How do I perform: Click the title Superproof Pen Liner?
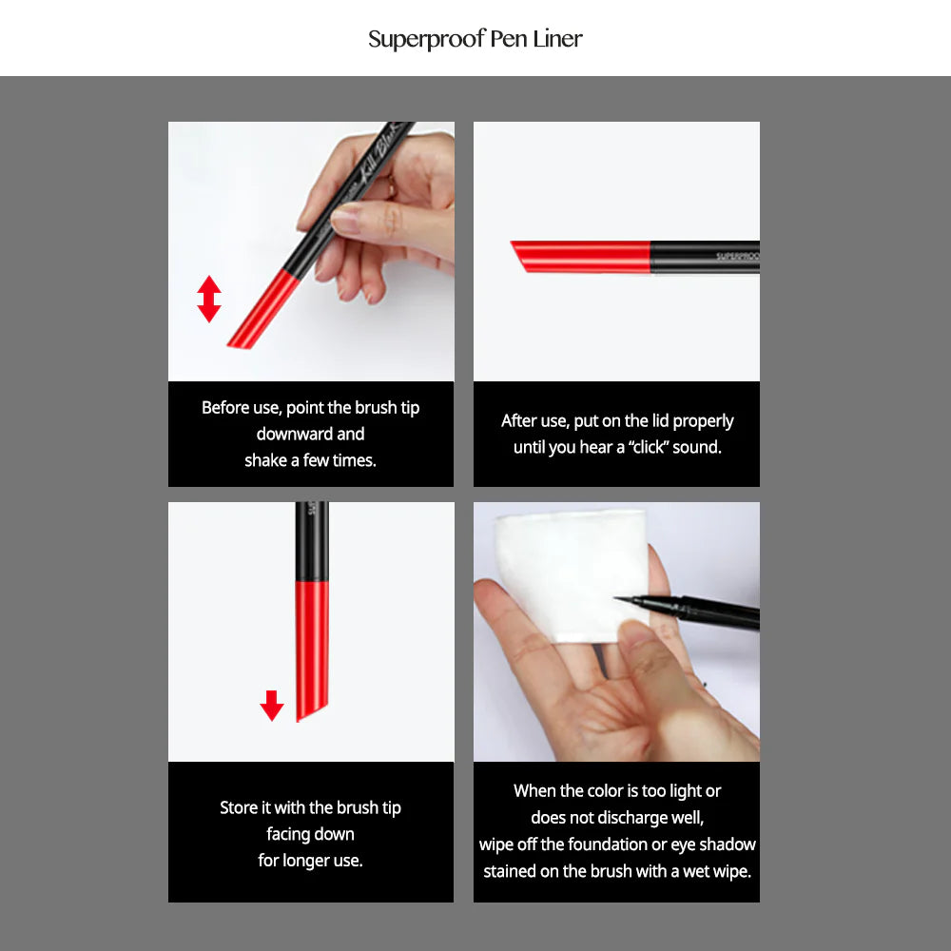[475, 39]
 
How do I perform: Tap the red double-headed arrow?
[209, 299]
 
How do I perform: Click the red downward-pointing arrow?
[272, 705]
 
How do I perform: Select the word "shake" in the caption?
[265, 460]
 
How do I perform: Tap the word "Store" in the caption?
[239, 807]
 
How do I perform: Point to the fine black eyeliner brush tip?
[628, 599]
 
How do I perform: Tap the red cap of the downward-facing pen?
[313, 647]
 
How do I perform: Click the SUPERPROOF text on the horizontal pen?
[737, 256]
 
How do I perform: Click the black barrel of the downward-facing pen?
[312, 542]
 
